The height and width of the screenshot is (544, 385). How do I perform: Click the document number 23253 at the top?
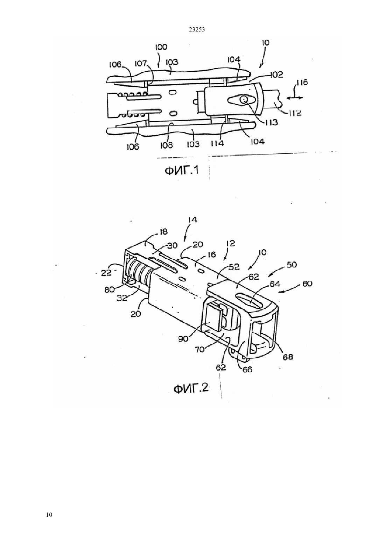click(x=197, y=30)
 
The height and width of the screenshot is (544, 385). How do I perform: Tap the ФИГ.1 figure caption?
click(x=182, y=171)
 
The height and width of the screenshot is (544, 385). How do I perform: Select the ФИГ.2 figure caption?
click(x=191, y=388)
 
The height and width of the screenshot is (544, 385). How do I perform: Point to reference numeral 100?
click(x=161, y=47)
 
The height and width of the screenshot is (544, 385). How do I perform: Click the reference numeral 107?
click(x=141, y=64)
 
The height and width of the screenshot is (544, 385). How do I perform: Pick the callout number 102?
click(x=276, y=74)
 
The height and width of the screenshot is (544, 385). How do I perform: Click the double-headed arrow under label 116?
click(x=295, y=98)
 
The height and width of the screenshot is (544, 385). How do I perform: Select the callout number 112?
click(x=295, y=113)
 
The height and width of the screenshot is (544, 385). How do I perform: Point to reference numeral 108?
click(x=167, y=145)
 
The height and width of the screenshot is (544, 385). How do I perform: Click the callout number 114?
click(x=217, y=144)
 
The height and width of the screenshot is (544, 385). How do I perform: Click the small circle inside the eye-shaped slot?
click(x=244, y=99)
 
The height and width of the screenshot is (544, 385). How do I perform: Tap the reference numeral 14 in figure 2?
click(x=192, y=220)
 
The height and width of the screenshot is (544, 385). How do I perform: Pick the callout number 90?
click(x=183, y=338)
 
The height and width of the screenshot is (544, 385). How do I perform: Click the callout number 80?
click(x=110, y=290)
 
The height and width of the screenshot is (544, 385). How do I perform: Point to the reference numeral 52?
click(x=234, y=267)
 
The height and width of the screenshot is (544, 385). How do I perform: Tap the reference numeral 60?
click(x=307, y=284)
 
